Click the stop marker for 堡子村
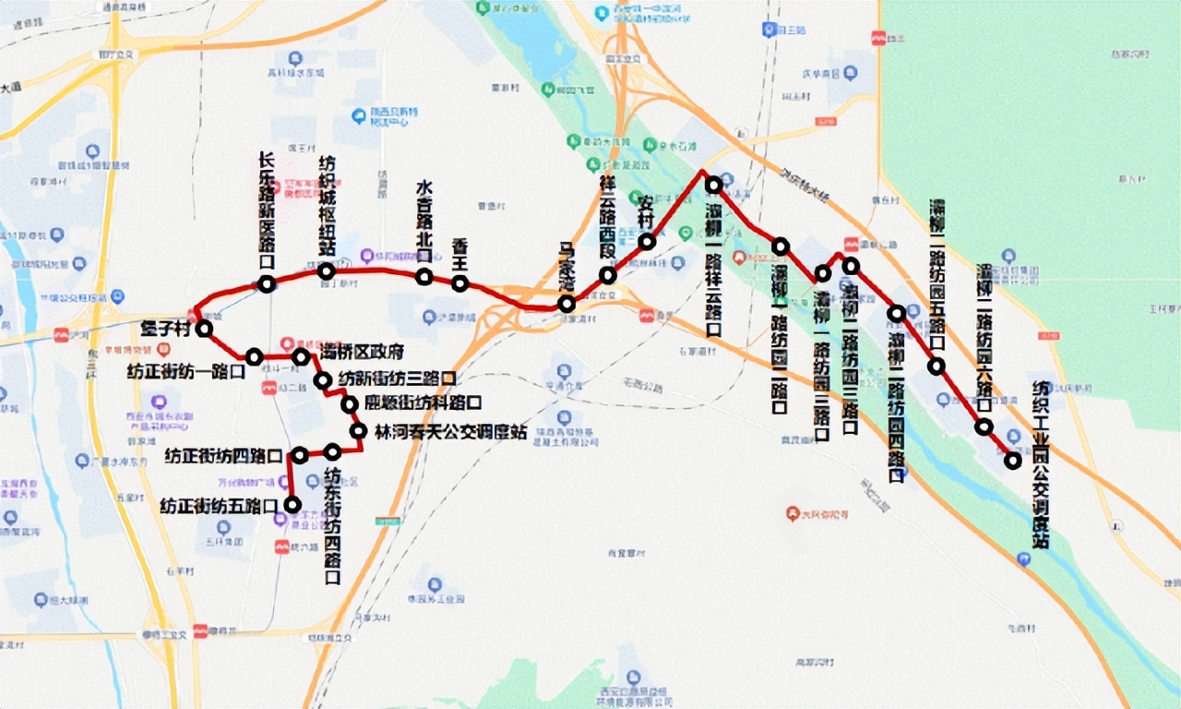coord(204,329)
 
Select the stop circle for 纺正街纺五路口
coord(292,504)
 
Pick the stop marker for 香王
coord(459,283)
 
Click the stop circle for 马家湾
coord(567,304)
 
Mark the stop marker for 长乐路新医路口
coord(266,284)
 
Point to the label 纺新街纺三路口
coord(397,379)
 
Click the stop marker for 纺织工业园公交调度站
coord(1013,461)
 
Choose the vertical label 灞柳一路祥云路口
coord(713,268)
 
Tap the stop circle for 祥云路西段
coord(607,275)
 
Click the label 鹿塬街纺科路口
coord(423,403)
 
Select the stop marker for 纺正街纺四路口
coord(299,455)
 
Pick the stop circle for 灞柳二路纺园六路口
coord(984,427)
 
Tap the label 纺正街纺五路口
coord(219,506)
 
